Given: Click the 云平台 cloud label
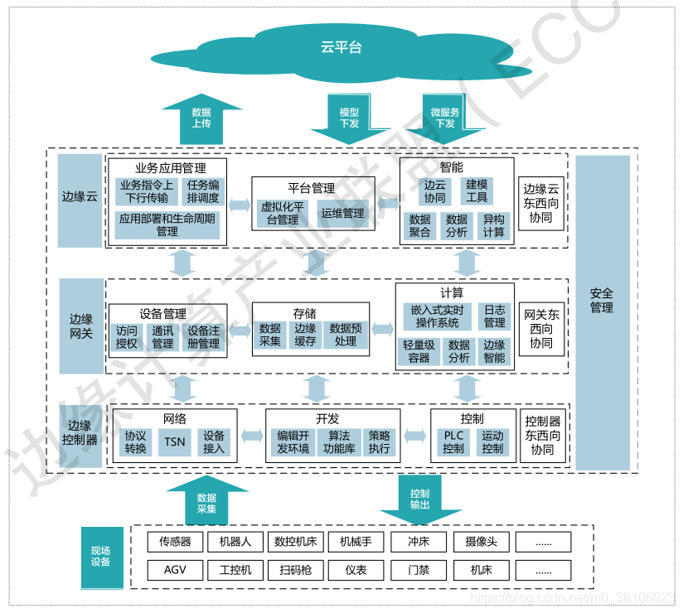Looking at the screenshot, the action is pos(341,46).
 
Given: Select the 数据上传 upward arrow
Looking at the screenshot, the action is pos(201,118).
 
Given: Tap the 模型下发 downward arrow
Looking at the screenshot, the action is pos(349,118).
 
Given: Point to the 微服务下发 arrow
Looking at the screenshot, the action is pos(445,118).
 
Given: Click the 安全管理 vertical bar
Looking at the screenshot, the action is pos(603,312).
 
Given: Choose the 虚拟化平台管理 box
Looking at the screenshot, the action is pos(283,213).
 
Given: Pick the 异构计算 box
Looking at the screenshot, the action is pos(493,225).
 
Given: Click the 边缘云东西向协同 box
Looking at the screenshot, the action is pos(541,203).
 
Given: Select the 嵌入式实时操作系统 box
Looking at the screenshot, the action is pos(437,316).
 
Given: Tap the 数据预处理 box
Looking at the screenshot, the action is pos(346,335).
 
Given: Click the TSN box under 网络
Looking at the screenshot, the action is pos(175,442).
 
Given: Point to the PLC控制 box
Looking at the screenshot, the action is pos(453,442).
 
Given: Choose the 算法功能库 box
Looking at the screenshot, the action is pos(339,442).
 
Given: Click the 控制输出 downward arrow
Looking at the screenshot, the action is pos(420,500).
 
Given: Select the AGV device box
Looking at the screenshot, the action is pos(175,570).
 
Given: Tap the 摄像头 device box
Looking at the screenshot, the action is pos(482,542).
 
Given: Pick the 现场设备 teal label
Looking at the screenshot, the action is pos(101,557).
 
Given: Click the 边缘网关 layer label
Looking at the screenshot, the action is pos(81,326).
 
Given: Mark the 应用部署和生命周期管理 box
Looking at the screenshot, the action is pos(167,224).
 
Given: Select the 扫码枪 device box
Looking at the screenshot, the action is pos(295,570).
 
